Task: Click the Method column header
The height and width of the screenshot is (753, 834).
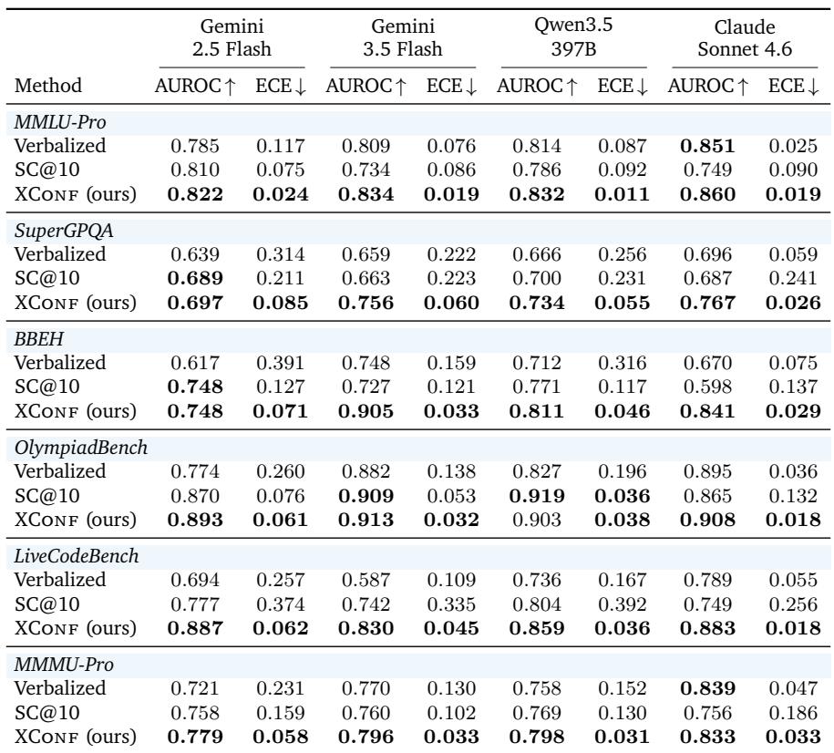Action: pyautogui.click(x=48, y=85)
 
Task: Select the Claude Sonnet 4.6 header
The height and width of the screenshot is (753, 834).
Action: pyautogui.click(x=745, y=37)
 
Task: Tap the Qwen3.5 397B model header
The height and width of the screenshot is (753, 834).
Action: pyautogui.click(x=573, y=36)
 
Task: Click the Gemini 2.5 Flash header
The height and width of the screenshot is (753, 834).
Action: pyautogui.click(x=232, y=37)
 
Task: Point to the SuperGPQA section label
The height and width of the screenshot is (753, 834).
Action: pyautogui.click(x=63, y=231)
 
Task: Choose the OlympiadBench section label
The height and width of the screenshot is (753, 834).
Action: pyautogui.click(x=81, y=448)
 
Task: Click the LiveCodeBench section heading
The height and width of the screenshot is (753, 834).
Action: pyautogui.click(x=77, y=556)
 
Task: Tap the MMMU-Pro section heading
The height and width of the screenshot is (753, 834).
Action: pyautogui.click(x=64, y=665)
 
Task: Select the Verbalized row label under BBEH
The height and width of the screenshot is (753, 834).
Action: pyautogui.click(x=60, y=363)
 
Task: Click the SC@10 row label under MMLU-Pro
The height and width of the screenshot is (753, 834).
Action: pyautogui.click(x=46, y=170)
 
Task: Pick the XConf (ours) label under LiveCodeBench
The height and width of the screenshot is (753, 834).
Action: pyautogui.click(x=75, y=628)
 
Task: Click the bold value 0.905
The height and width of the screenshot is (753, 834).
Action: pyautogui.click(x=366, y=411)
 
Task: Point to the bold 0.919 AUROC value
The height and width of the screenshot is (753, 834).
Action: pyautogui.click(x=537, y=496)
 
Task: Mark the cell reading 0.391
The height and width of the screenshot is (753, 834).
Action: pyautogui.click(x=281, y=363)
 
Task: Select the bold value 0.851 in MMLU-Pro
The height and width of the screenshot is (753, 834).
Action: pyautogui.click(x=707, y=146)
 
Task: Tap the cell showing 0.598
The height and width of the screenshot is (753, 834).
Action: pyautogui.click(x=707, y=387)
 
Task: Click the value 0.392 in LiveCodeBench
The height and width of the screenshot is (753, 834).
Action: pyautogui.click(x=623, y=604)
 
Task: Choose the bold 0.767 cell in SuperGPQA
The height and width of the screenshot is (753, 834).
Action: pyautogui.click(x=707, y=303)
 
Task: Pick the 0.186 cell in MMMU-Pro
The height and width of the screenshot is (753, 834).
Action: pyautogui.click(x=793, y=713)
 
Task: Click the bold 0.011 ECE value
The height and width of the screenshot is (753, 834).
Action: pyautogui.click(x=623, y=194)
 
